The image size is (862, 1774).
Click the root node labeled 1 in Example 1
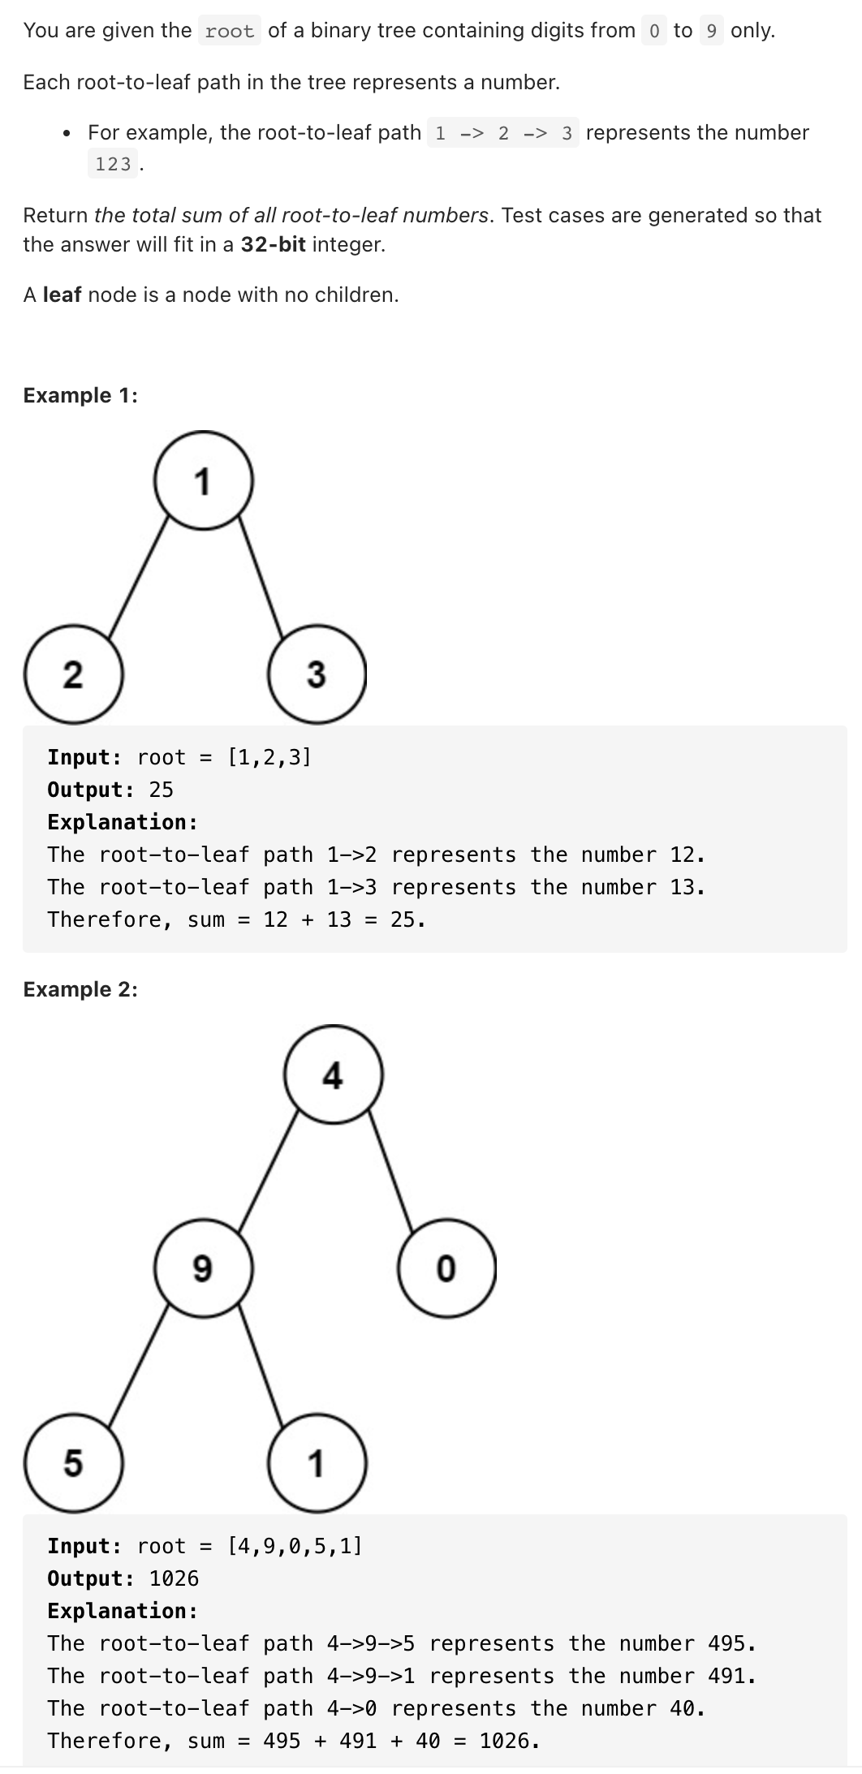point(203,480)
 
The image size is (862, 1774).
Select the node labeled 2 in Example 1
point(73,674)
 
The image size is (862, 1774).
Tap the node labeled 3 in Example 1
point(317,674)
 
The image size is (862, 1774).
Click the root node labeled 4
point(333,1075)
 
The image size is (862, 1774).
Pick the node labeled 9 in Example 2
point(203,1267)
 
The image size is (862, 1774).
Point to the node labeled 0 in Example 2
point(446,1267)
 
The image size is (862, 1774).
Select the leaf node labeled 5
point(73,1462)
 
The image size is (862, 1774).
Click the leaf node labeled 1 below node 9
point(317,1462)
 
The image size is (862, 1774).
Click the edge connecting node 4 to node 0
point(391,1171)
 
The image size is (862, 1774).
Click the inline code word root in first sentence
point(230,32)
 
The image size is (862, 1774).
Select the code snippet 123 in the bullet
point(113,164)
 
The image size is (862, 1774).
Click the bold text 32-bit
point(273,244)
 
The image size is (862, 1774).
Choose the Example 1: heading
point(80,395)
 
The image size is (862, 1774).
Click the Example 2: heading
point(80,989)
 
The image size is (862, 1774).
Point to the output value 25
point(161,790)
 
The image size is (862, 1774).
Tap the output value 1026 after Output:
point(174,1578)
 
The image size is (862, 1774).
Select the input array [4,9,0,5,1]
point(295,1546)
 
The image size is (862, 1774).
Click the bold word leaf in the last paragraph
point(62,295)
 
